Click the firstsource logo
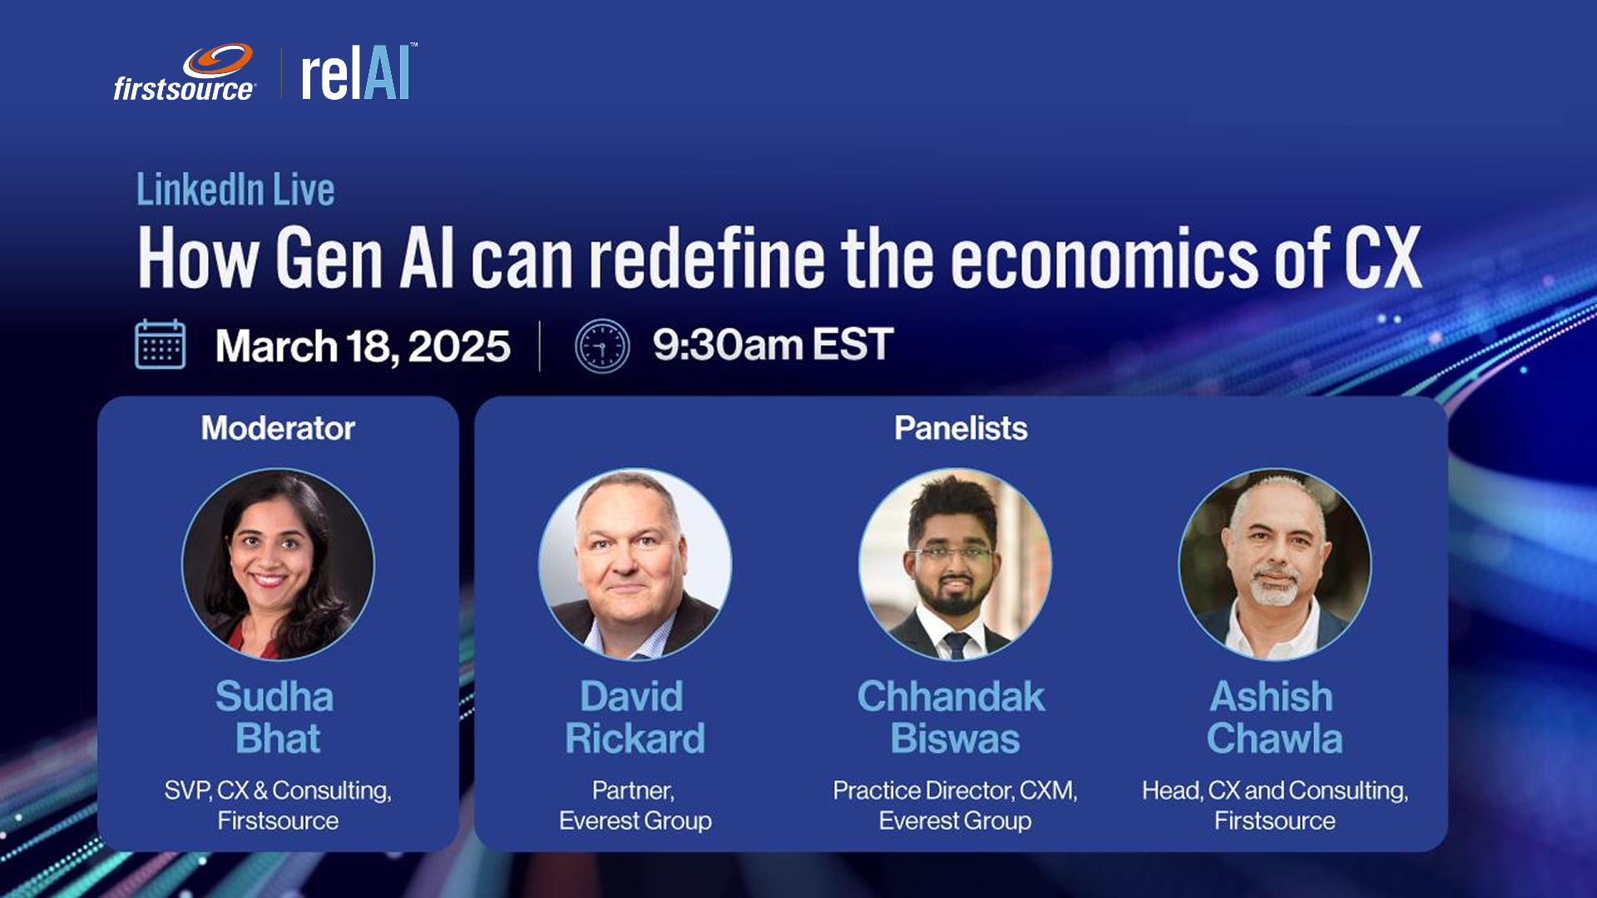(x=184, y=73)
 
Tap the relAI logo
(x=358, y=72)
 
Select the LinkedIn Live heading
(x=235, y=190)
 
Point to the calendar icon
(x=160, y=344)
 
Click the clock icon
(x=602, y=346)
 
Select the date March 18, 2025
(x=363, y=346)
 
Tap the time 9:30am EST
(x=773, y=344)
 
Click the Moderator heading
(x=278, y=428)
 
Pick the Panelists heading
(x=961, y=428)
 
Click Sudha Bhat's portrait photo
(x=278, y=565)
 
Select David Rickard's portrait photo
(x=635, y=565)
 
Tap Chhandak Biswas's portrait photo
(x=955, y=565)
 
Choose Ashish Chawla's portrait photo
(x=1274, y=565)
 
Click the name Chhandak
(x=951, y=696)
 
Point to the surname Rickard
(x=635, y=738)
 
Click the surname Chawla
(x=1274, y=738)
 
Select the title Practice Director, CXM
(x=955, y=790)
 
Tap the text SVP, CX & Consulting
(x=278, y=790)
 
